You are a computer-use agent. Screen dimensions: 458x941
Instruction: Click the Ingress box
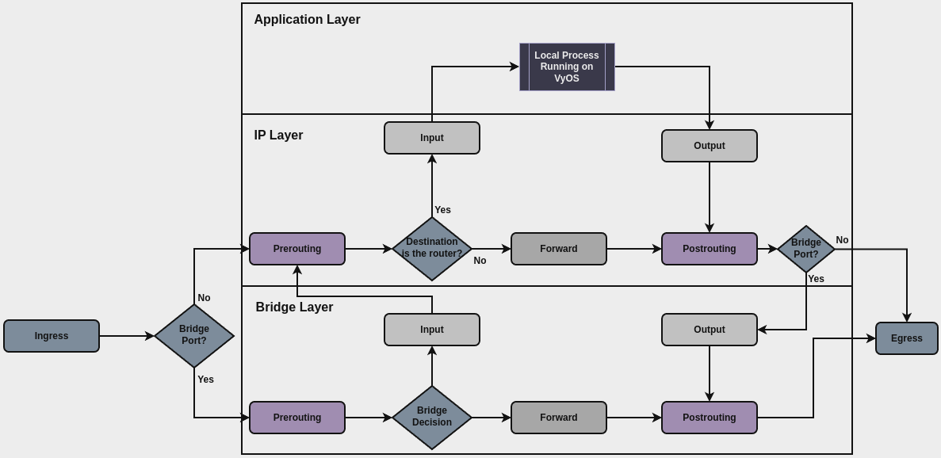[52, 336]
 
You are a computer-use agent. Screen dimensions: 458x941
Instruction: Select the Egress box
[906, 338]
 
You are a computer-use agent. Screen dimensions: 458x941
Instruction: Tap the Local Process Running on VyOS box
[567, 67]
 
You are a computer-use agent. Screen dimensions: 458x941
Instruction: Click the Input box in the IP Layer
[432, 138]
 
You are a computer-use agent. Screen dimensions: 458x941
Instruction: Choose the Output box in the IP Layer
[710, 146]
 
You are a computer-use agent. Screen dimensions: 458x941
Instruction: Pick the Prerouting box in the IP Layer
[297, 249]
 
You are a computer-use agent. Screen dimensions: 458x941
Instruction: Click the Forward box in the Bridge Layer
[559, 418]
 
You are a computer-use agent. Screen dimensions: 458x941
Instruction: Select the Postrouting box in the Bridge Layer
[710, 418]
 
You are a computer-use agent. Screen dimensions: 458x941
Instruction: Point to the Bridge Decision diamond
[432, 418]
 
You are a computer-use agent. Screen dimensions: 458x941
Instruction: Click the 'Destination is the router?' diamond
[432, 249]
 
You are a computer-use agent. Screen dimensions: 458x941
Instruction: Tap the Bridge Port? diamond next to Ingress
[194, 336]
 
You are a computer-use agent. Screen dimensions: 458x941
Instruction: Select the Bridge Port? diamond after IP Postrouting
[806, 249]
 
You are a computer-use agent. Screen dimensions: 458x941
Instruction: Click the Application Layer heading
[307, 20]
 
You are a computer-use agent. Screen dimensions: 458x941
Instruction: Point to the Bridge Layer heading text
[294, 307]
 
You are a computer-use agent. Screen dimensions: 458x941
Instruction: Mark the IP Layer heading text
[278, 135]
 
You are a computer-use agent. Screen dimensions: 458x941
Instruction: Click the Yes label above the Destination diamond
[442, 210]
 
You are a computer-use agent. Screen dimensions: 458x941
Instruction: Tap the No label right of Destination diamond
[480, 261]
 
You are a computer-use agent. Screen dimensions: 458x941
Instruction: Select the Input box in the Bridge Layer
[432, 330]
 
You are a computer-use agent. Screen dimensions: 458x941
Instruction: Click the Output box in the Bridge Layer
[710, 330]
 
